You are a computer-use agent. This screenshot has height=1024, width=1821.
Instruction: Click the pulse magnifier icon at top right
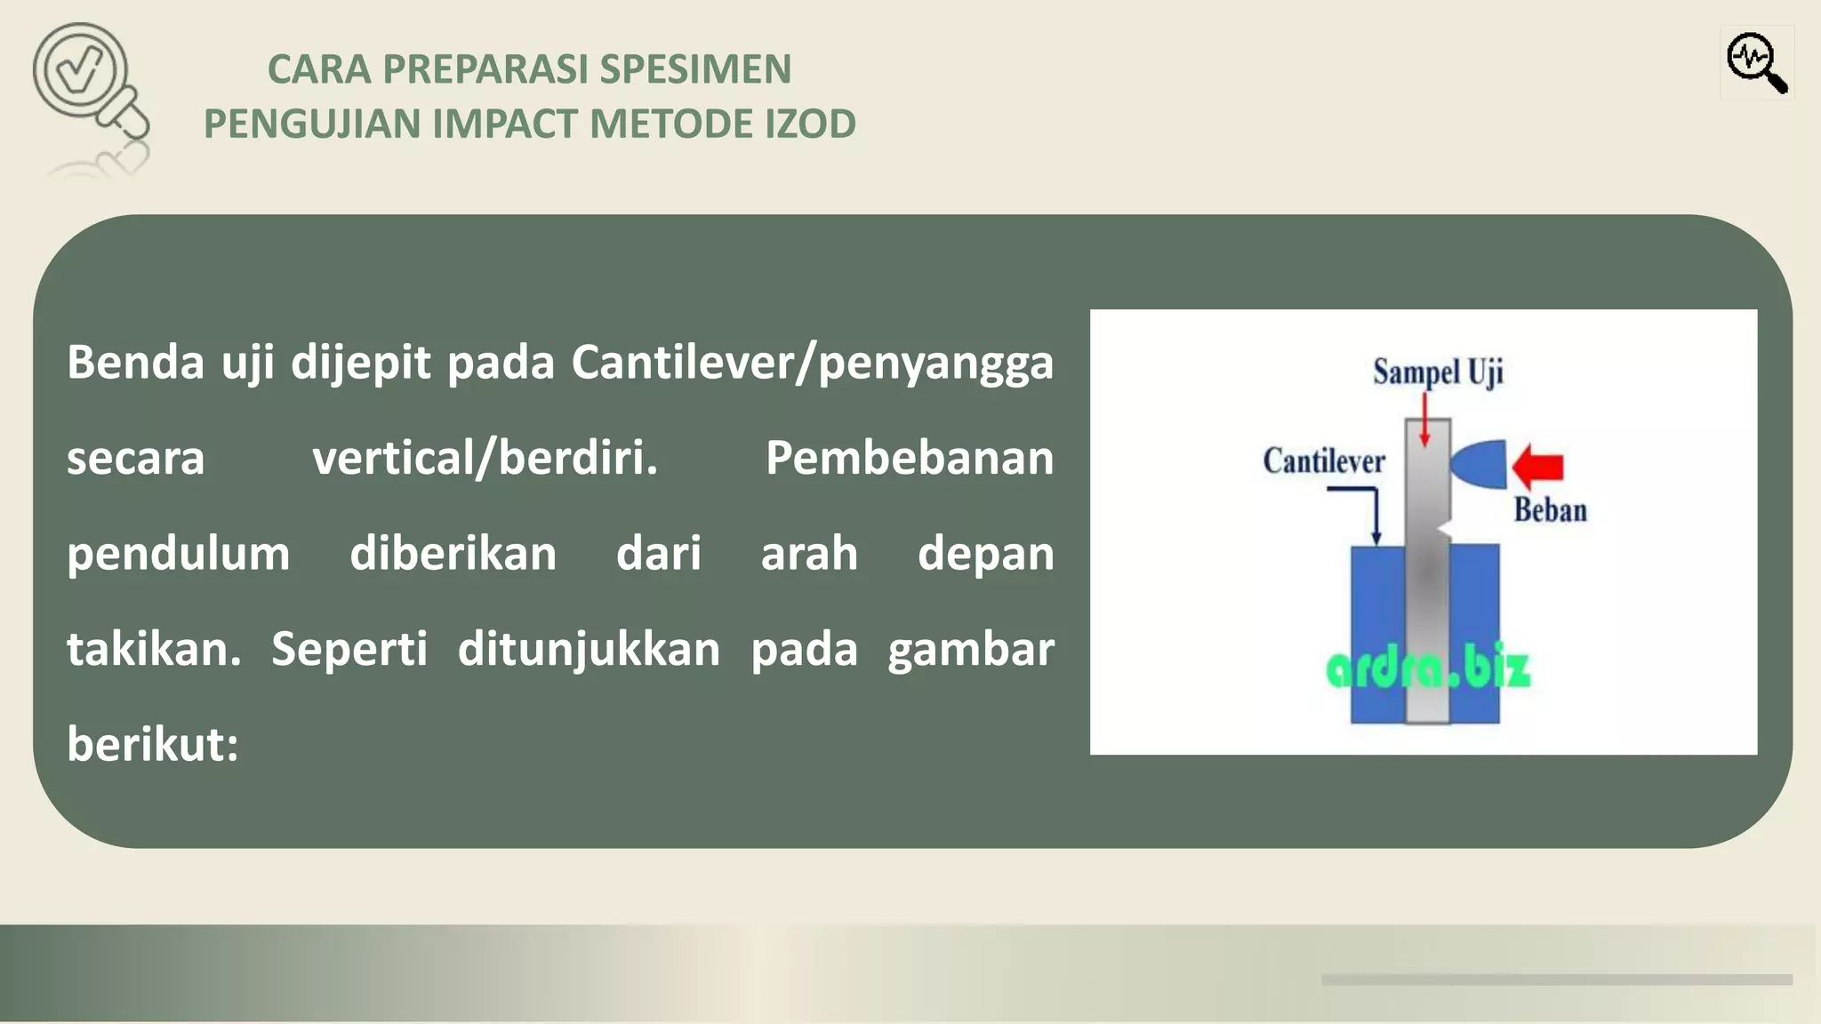pyautogui.click(x=1756, y=62)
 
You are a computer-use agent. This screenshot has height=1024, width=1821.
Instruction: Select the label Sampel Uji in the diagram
pyautogui.click(x=1437, y=372)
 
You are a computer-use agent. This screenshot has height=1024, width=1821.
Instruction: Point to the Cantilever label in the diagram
pyautogui.click(x=1323, y=461)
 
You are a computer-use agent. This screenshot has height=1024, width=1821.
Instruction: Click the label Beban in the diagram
pyautogui.click(x=1550, y=510)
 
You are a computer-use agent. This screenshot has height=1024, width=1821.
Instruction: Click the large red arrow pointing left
pyautogui.click(x=1537, y=466)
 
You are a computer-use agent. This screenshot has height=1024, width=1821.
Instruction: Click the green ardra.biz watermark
pyautogui.click(x=1427, y=669)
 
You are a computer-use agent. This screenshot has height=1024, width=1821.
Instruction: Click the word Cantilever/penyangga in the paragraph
pyautogui.click(x=812, y=363)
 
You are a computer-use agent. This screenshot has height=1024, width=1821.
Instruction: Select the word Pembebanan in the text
pyautogui.click(x=909, y=458)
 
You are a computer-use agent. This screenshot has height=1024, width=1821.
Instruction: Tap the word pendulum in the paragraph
pyautogui.click(x=178, y=554)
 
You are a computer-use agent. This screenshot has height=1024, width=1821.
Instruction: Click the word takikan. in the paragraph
pyautogui.click(x=154, y=649)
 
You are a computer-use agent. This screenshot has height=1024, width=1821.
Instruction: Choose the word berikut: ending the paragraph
pyautogui.click(x=153, y=744)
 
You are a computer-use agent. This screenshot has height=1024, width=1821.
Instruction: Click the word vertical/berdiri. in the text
pyautogui.click(x=485, y=458)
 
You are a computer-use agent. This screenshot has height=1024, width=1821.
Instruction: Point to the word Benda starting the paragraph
pyautogui.click(x=135, y=363)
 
